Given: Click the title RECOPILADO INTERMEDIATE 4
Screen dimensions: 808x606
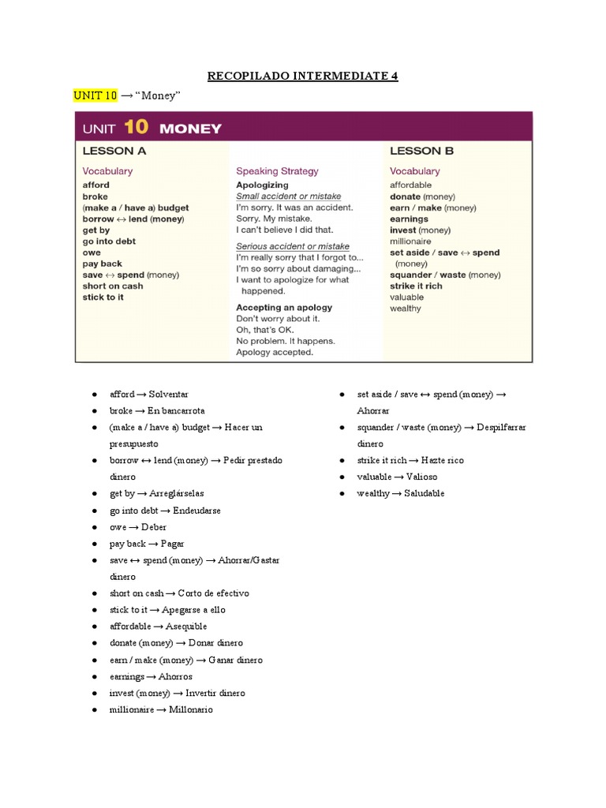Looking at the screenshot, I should coord(302,76).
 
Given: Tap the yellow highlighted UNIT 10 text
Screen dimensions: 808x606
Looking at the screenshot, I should coord(95,95).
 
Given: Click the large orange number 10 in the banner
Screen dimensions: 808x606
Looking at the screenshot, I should coord(135,127).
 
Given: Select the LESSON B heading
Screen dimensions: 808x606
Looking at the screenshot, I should coord(421,151).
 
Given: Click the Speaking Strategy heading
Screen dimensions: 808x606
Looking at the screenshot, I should coord(277,170).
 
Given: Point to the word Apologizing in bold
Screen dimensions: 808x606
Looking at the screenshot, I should coord(262,185).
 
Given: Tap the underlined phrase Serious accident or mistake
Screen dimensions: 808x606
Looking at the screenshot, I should coord(292,246).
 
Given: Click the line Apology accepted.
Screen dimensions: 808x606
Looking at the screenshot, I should coord(275,352).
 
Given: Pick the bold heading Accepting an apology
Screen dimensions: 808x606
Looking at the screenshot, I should coord(284,307).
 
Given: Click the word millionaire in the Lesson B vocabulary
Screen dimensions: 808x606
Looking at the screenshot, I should coord(410,241).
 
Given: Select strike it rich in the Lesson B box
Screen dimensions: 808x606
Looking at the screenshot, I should coord(416,286).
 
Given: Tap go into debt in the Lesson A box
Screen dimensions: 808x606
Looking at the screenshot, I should coord(109,241).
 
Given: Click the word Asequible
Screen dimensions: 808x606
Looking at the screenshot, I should coord(186,627).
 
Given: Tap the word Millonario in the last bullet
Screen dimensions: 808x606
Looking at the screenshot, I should coord(190,709).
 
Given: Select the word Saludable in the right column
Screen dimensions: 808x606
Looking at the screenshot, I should coord(424,493).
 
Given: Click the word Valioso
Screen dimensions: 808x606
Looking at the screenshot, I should coord(419,477).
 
